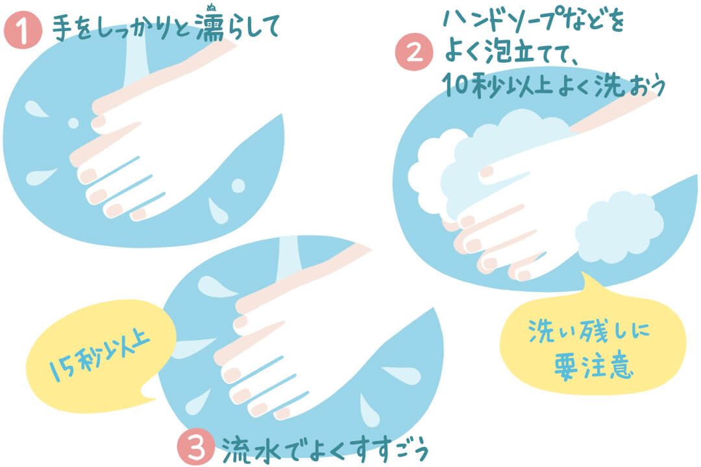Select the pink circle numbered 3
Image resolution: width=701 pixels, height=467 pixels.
click(195, 446)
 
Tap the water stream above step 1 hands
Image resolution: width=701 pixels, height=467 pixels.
click(136, 58)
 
